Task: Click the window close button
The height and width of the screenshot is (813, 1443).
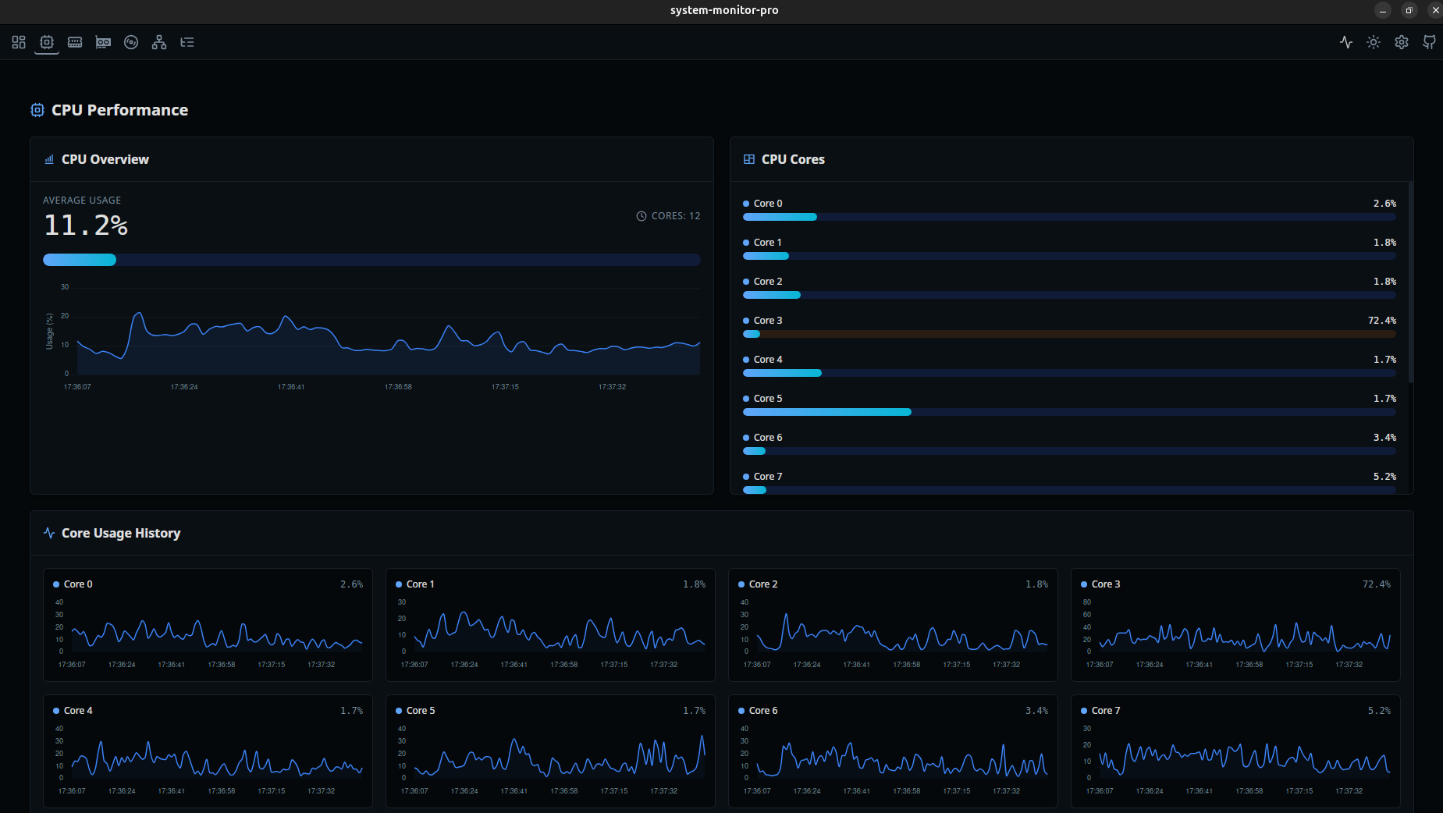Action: tap(1435, 10)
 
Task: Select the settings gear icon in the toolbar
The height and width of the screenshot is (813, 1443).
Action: tap(1402, 42)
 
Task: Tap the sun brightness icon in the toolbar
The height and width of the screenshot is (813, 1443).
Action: tap(1374, 42)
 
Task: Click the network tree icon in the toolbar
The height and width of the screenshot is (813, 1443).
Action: tap(159, 42)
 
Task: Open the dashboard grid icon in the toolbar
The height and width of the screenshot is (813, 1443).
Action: tap(19, 42)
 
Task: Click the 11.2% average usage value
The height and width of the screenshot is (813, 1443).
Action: tap(86, 225)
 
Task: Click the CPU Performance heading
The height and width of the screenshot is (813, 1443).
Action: tap(119, 110)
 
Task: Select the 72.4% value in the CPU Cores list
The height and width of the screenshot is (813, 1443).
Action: tap(1381, 321)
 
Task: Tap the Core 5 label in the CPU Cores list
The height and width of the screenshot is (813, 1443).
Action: tap(768, 399)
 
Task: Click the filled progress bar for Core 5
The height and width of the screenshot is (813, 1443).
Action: tap(826, 412)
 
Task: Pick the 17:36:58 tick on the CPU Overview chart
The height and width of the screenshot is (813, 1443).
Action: tap(398, 387)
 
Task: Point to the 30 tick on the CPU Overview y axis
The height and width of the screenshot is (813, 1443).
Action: tap(65, 287)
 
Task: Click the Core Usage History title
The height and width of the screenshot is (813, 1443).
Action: tap(121, 533)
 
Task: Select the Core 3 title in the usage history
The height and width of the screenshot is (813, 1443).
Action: tap(1106, 584)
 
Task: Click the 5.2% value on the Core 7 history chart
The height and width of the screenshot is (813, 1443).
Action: tap(1379, 711)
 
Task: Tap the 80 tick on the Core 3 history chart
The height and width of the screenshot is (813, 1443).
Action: tap(1087, 602)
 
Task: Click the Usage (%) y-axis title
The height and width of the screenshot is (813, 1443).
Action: tap(50, 331)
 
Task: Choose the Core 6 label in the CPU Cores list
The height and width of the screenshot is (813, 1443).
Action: tap(768, 438)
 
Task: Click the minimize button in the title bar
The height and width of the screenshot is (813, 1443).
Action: tap(1383, 10)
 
